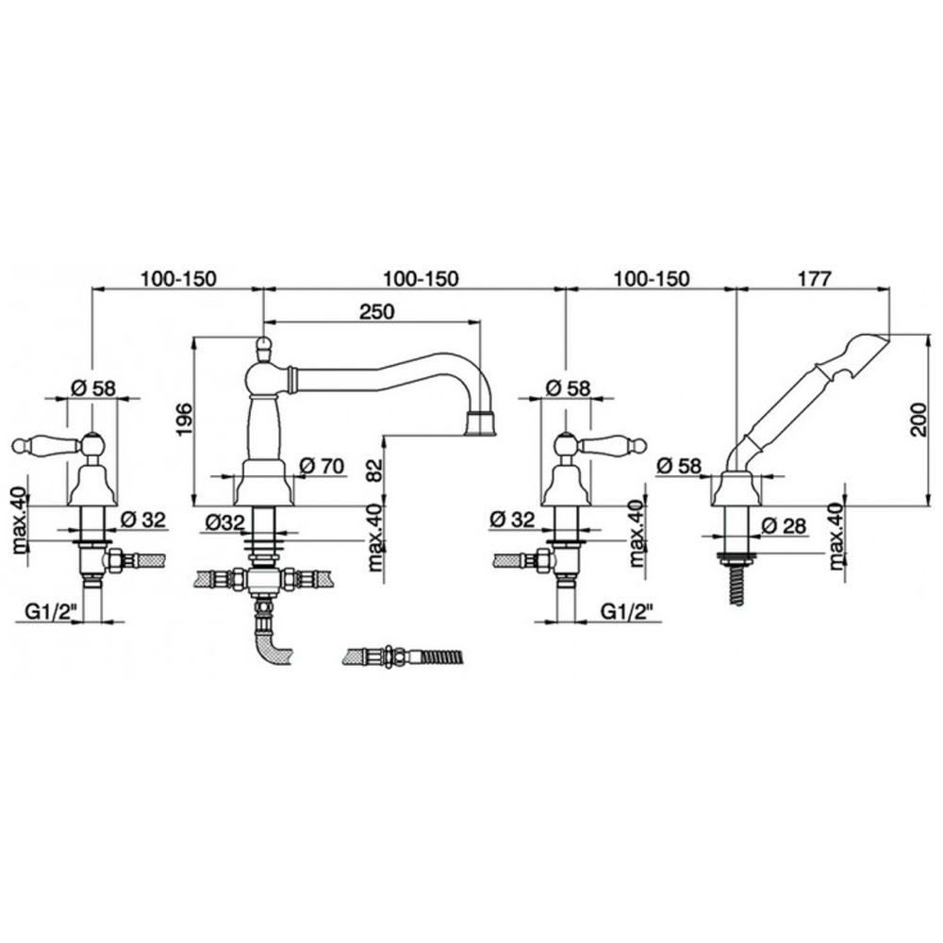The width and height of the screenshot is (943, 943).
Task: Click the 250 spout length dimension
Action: click(377, 311)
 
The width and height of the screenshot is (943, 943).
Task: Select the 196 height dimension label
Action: click(184, 420)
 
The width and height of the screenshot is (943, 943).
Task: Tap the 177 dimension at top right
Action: click(814, 279)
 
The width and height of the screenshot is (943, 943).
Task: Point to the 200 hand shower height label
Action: click(919, 419)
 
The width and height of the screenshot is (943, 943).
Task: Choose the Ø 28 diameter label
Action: click(783, 525)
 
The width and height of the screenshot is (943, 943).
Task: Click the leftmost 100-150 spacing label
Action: click(178, 279)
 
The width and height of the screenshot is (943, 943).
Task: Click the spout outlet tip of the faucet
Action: click(481, 422)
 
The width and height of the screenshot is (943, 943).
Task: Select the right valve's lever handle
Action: click(612, 445)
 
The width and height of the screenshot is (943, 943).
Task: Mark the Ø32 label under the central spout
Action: click(225, 522)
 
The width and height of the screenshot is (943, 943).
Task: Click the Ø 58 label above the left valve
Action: click(93, 388)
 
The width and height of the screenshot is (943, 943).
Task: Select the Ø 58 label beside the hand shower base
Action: click(680, 466)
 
